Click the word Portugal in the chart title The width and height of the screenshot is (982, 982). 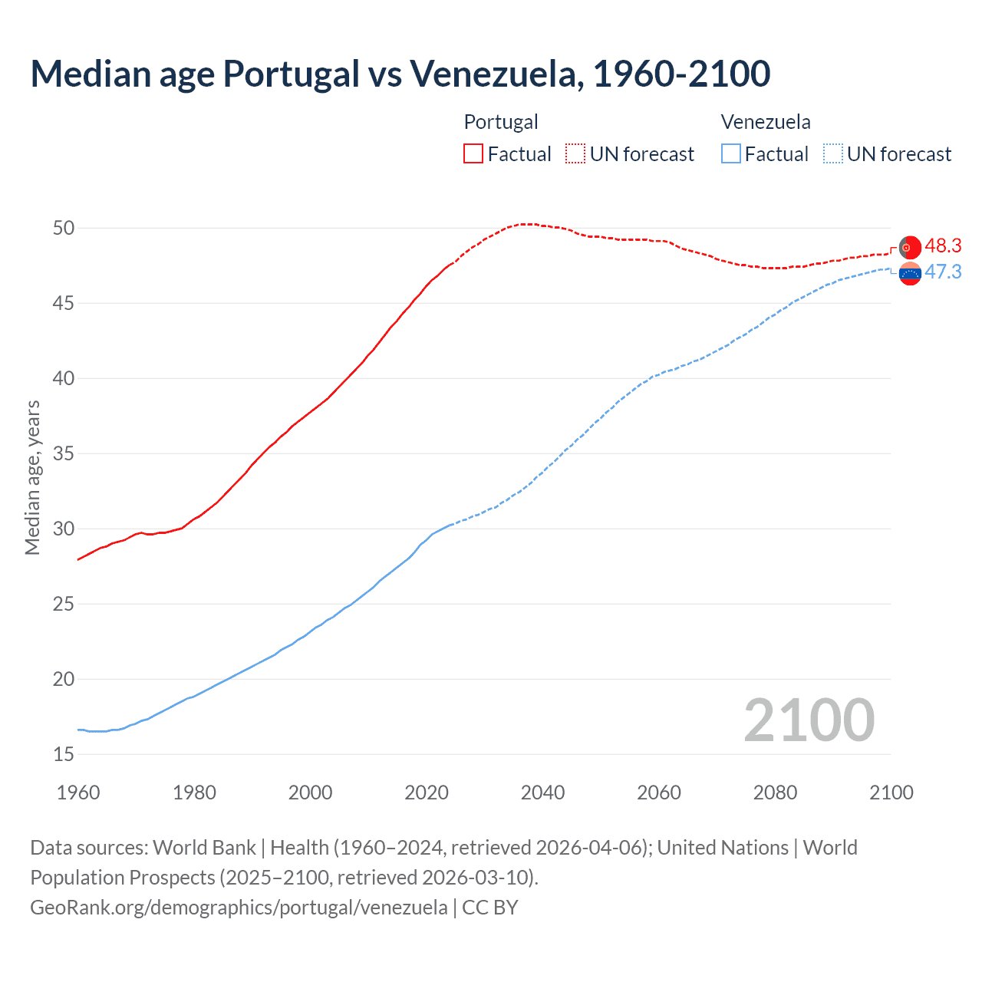291,74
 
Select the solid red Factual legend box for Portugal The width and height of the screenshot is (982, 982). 473,154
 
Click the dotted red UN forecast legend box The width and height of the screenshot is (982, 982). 575,154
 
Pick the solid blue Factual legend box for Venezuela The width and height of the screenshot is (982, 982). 731,154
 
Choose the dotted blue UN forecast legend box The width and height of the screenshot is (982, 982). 832,154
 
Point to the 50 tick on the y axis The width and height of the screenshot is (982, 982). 64,228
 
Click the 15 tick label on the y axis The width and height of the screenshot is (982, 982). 64,754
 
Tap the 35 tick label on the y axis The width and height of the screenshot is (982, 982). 64,453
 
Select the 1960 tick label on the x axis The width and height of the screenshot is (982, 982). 78,793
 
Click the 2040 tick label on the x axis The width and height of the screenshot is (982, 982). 542,793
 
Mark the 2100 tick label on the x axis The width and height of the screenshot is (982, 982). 891,793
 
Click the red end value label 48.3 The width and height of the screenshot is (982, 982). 943,245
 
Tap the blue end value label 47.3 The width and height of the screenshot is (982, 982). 943,272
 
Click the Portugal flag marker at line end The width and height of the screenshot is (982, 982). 910,248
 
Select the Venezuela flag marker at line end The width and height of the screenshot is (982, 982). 910,273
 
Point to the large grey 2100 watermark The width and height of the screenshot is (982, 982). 809,720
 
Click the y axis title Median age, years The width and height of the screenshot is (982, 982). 32,477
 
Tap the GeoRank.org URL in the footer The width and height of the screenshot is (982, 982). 239,908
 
